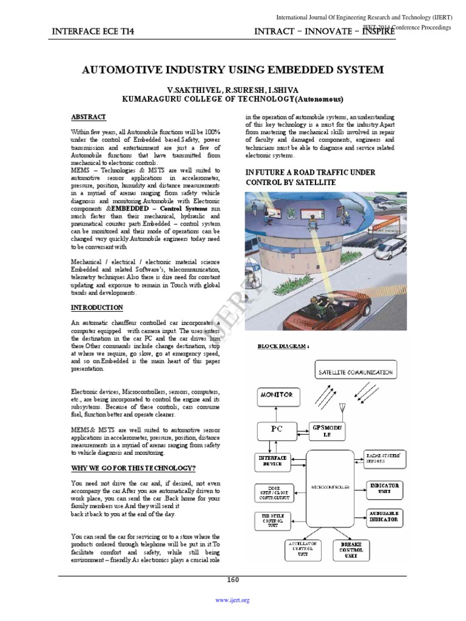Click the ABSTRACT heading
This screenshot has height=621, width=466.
pos(89,117)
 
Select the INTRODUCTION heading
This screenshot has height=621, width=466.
pos(96,308)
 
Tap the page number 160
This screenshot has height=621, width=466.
pos(233,580)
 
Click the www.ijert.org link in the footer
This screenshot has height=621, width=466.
pos(233,600)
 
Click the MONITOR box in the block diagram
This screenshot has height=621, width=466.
pos(277,395)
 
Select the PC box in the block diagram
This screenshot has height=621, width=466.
pos(276,429)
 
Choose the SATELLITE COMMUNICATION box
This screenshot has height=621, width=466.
pos(355,372)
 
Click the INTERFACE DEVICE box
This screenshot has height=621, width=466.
pos(272,460)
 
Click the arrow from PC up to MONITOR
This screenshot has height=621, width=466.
pos(276,412)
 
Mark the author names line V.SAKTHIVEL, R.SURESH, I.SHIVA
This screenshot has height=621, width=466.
pos(232,89)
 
